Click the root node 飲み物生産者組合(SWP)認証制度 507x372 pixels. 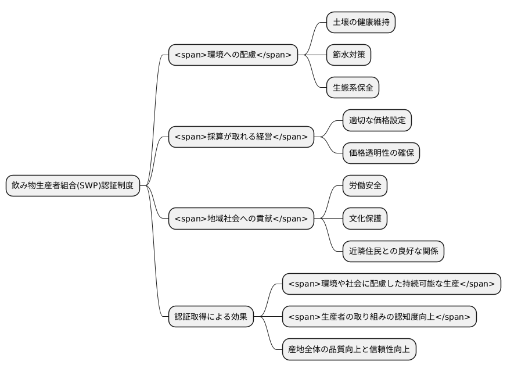coord(73,186)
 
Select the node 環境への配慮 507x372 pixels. coord(232,55)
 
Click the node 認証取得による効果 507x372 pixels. coord(210,317)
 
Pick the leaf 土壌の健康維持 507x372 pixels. coord(361,23)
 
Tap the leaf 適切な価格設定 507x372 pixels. coord(377,121)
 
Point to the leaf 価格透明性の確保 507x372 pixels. coord(381,153)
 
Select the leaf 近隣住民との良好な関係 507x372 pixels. coord(393,251)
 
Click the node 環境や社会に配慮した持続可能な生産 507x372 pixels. coord(391,284)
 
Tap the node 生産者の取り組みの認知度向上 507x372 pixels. coord(379,317)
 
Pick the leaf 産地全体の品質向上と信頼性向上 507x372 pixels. coord(349,349)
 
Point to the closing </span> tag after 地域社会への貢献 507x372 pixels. coord(290,219)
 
